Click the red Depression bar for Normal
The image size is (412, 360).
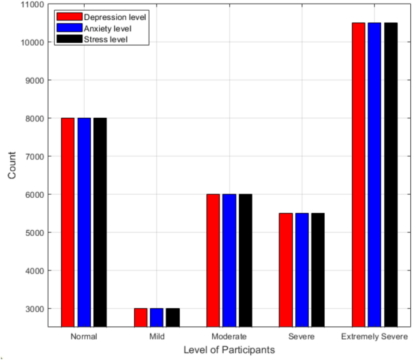(x=67, y=222)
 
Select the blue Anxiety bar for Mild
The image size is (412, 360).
(x=156, y=317)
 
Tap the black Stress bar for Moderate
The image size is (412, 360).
(x=245, y=260)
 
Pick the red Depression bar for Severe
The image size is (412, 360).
(x=286, y=270)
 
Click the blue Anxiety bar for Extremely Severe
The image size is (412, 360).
(x=375, y=175)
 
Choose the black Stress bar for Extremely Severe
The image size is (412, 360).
(x=391, y=175)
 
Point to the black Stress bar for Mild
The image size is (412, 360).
(x=173, y=317)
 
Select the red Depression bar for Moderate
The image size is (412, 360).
(x=213, y=260)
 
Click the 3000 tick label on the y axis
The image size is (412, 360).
(x=32, y=309)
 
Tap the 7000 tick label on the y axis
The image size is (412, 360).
(x=32, y=156)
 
